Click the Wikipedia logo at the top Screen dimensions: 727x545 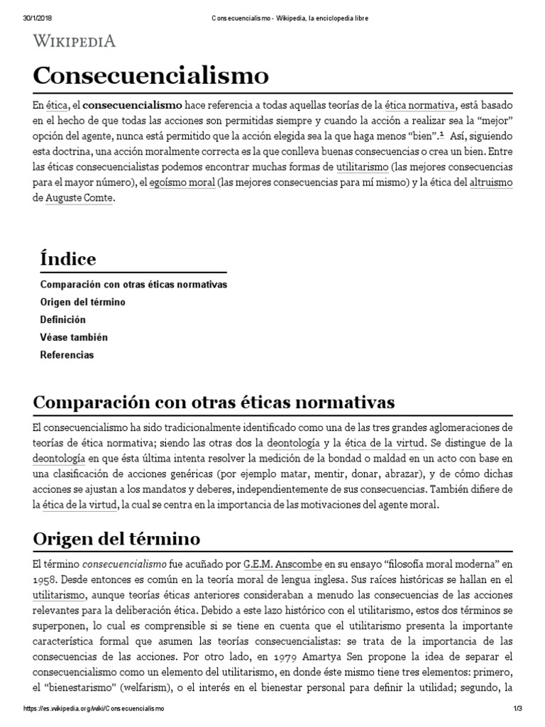tap(75, 41)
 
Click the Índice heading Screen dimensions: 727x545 tap(68, 259)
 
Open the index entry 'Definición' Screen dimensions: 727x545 tap(62, 320)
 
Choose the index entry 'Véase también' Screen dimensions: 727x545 tap(74, 337)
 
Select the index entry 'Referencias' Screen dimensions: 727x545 tap(67, 354)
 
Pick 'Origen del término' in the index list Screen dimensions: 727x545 tap(83, 302)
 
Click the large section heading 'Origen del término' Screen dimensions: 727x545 tap(117, 538)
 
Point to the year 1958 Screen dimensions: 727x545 tap(46, 579)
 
